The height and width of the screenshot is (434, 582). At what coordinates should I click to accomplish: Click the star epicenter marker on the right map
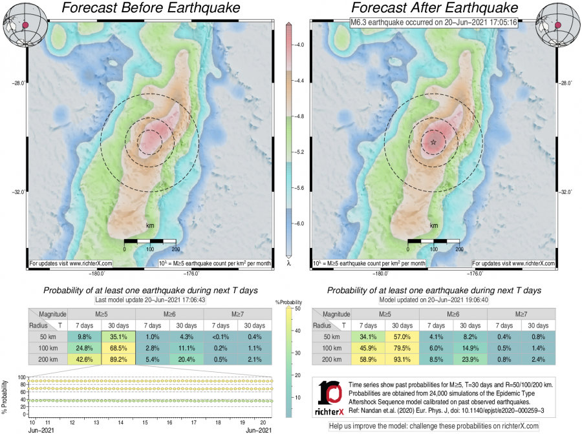(x=433, y=141)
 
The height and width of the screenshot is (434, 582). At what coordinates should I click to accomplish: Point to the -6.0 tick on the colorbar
(x=300, y=223)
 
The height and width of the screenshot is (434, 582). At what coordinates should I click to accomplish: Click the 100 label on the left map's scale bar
(x=150, y=249)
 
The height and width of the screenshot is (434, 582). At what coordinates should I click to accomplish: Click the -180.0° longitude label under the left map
(x=58, y=273)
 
